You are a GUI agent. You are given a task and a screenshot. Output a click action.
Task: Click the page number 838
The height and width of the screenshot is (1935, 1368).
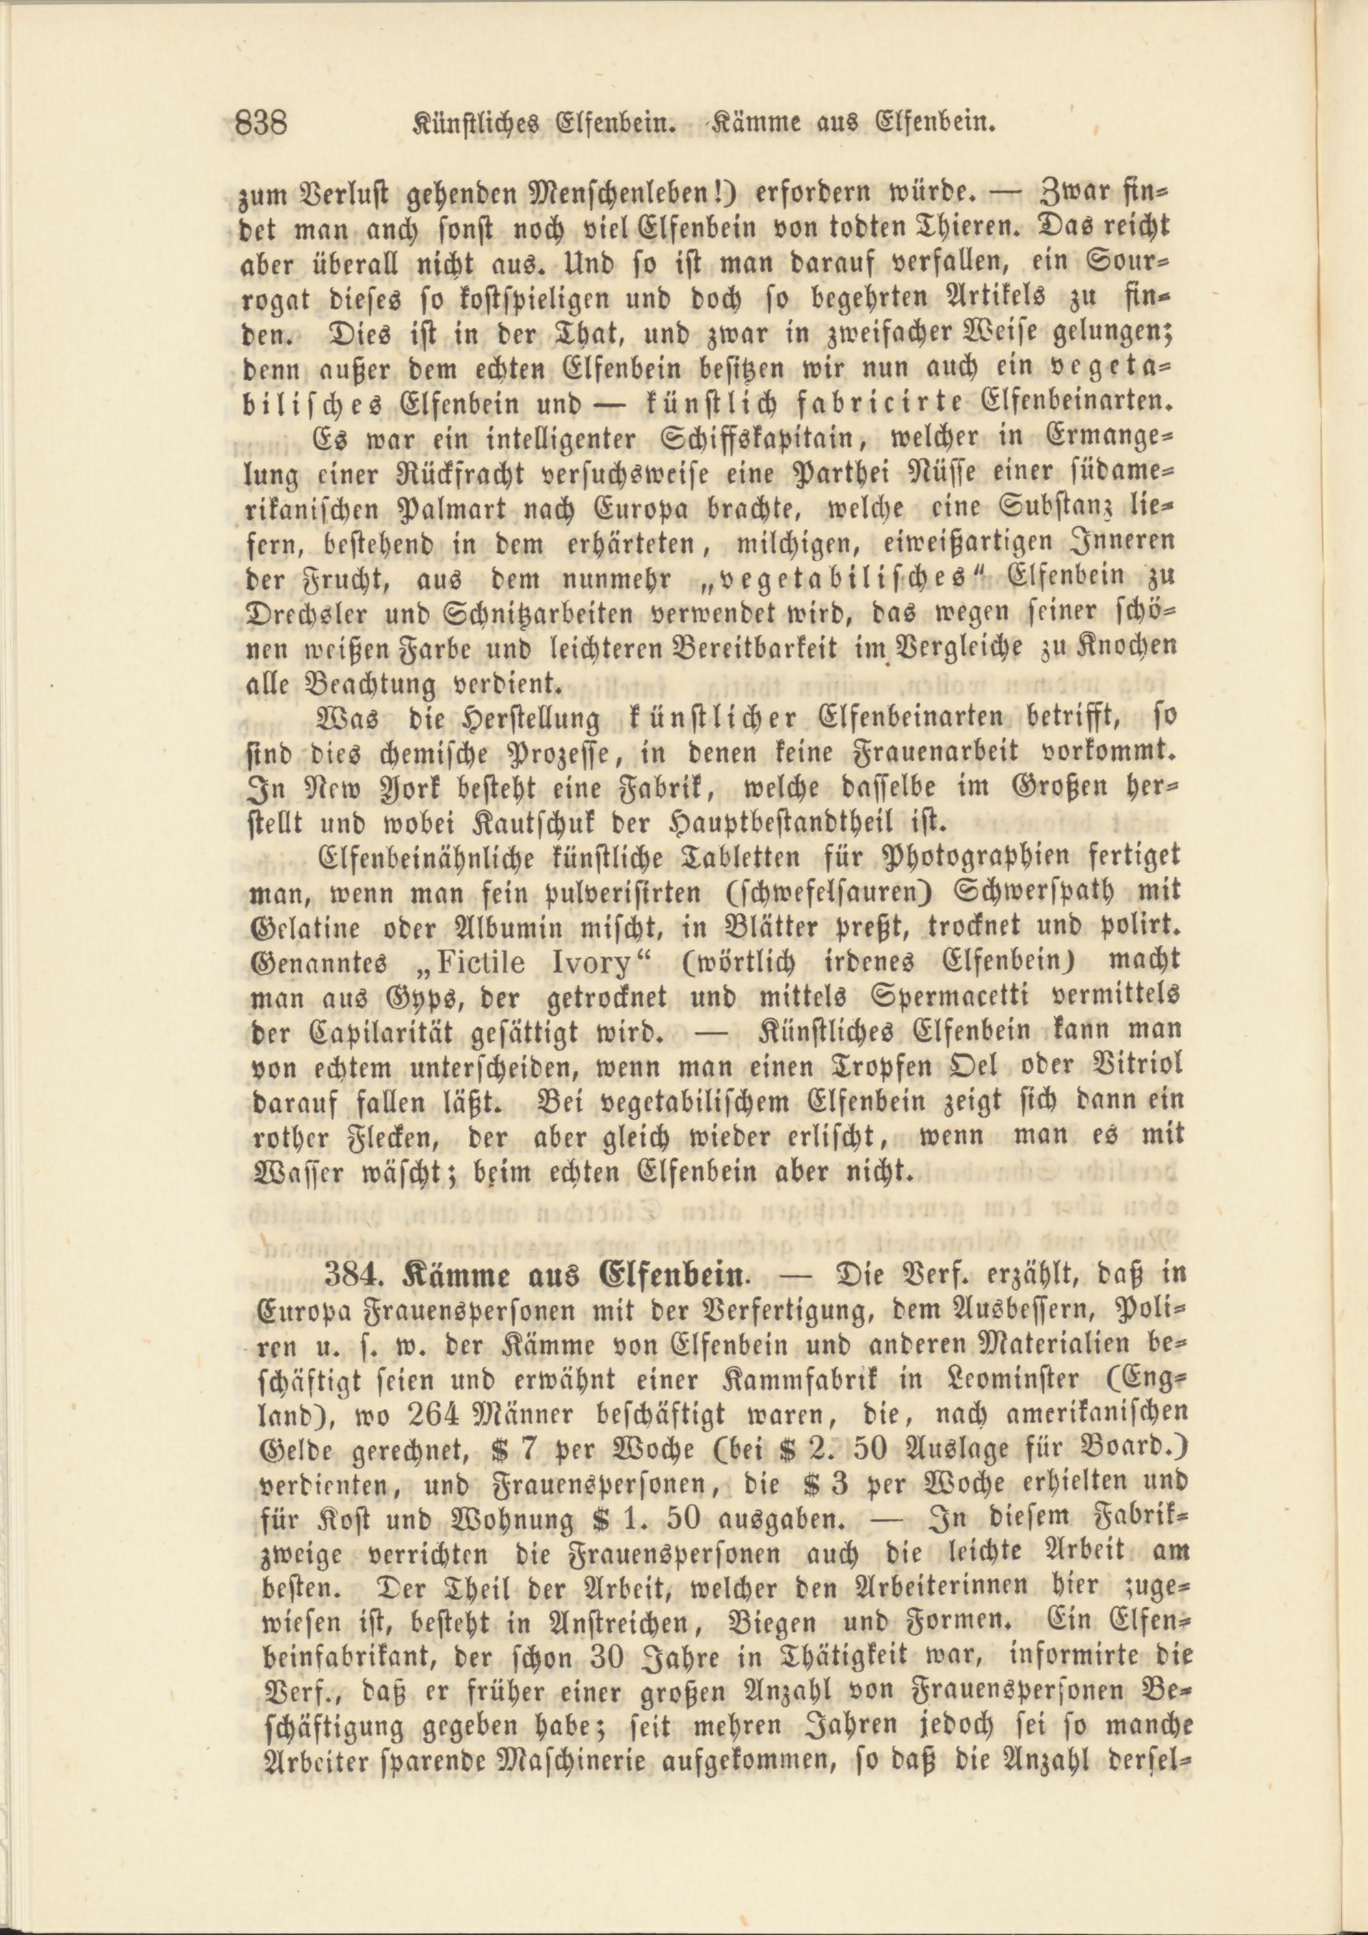coord(261,125)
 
